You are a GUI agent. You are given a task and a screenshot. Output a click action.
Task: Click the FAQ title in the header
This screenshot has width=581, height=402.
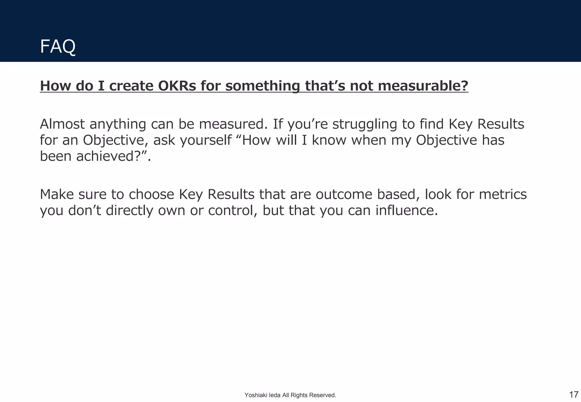[58, 46]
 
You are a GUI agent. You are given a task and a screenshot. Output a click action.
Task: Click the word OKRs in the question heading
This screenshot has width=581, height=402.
[177, 86]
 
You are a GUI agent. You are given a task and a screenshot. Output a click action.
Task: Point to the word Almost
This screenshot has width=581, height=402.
[62, 124]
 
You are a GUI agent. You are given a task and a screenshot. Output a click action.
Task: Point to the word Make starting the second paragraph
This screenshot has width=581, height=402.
[56, 194]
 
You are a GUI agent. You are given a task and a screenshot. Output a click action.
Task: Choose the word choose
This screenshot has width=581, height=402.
[151, 194]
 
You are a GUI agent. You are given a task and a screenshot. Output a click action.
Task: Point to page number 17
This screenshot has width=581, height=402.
[574, 394]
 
